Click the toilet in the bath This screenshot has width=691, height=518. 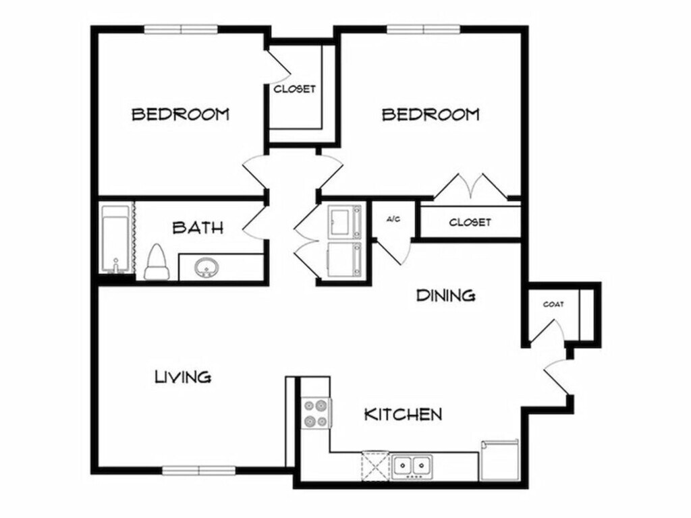tap(157, 262)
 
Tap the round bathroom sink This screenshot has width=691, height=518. tap(206, 267)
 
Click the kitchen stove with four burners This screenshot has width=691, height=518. tap(316, 413)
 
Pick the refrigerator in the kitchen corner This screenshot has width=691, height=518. tap(501, 461)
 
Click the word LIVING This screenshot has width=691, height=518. tap(183, 376)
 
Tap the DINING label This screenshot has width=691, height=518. tap(446, 295)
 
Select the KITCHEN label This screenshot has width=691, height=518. tap(404, 414)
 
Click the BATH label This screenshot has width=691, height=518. tap(198, 228)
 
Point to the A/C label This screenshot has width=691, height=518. tap(393, 219)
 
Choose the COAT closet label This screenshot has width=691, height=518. tap(553, 304)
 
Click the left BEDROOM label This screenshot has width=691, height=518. tap(181, 115)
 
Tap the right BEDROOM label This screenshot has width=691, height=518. tap(431, 115)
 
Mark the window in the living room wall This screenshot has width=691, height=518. tap(199, 471)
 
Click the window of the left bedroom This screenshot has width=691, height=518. tap(181, 29)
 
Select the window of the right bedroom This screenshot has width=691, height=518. tap(424, 29)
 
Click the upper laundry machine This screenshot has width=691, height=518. tap(345, 222)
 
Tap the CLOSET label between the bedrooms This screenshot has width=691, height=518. tap(295, 89)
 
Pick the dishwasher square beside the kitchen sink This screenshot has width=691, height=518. tap(375, 466)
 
